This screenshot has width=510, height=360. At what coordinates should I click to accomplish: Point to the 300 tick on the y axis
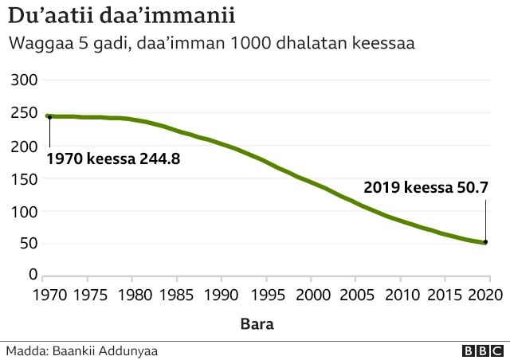pos(24,80)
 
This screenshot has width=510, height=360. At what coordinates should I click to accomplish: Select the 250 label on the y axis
pos(24,114)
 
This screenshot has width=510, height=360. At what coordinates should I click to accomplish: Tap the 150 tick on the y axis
pos(24,179)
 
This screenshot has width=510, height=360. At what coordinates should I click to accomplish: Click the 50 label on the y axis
pos(28,244)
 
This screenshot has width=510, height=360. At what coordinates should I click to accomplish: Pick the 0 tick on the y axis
pos(33,276)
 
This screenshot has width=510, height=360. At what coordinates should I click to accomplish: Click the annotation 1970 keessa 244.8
pos(113,158)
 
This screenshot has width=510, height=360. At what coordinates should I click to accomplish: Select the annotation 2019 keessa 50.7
pos(426,189)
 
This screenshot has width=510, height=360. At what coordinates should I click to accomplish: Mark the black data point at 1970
pos(49,117)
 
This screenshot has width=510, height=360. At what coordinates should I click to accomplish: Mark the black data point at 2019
pos(484,242)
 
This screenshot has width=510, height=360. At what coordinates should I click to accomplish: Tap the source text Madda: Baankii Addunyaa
pos(69,350)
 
